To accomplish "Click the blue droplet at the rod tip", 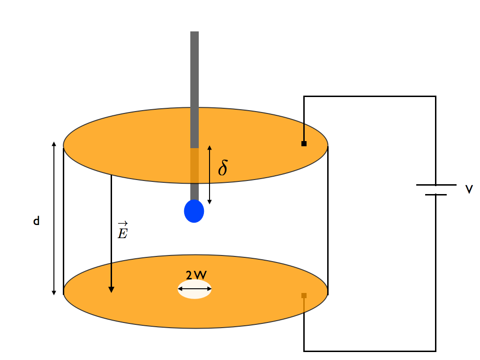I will point(194,211).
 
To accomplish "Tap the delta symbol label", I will point(223,168).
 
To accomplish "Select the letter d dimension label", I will point(36,221).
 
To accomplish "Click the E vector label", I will point(122,230).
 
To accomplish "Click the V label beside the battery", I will point(469,189).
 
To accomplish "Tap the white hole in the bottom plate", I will point(195,289).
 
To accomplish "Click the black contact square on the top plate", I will point(304,143).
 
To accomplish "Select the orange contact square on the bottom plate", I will point(304,295).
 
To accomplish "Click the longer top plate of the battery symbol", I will point(436,185).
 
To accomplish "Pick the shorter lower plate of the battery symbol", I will point(436,194).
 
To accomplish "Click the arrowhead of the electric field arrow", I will point(111,289).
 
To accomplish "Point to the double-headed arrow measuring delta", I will point(210,174).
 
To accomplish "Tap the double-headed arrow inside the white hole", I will point(195,289).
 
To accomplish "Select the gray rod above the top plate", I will point(195,89).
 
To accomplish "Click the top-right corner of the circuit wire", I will point(435,97).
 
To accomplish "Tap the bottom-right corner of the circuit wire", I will point(435,351).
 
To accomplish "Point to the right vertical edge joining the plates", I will point(327,220).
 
